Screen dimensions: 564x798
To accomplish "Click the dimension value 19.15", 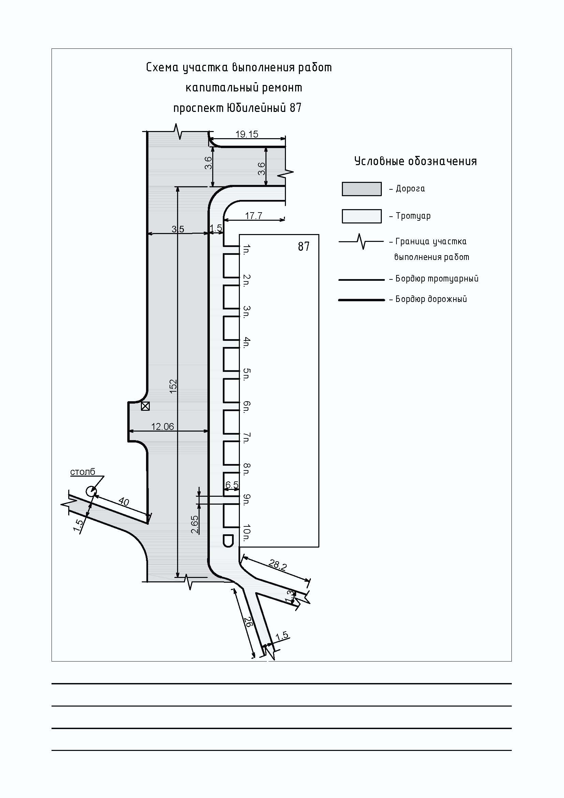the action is pyautogui.click(x=247, y=134).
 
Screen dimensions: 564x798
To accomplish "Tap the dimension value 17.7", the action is pyautogui.click(x=253, y=216).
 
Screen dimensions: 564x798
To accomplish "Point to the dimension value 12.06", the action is pyautogui.click(x=162, y=426).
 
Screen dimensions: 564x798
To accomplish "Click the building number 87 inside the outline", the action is pyautogui.click(x=303, y=246).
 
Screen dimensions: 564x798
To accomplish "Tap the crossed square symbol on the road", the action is pyautogui.click(x=145, y=406).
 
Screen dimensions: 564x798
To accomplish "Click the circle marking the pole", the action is pyautogui.click(x=91, y=491).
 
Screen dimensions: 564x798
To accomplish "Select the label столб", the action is pyautogui.click(x=82, y=471).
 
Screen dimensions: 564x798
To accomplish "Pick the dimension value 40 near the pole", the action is pyautogui.click(x=124, y=502).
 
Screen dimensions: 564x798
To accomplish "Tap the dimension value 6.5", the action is pyautogui.click(x=232, y=485).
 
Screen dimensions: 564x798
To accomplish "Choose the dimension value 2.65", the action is pyautogui.click(x=194, y=525).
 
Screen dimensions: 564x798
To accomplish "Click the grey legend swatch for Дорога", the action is pyautogui.click(x=361, y=189).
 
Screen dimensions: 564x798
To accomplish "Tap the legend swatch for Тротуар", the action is pyautogui.click(x=361, y=216).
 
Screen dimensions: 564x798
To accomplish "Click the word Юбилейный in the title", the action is pyautogui.click(x=256, y=108).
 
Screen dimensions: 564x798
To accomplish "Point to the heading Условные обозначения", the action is pyautogui.click(x=415, y=161).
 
